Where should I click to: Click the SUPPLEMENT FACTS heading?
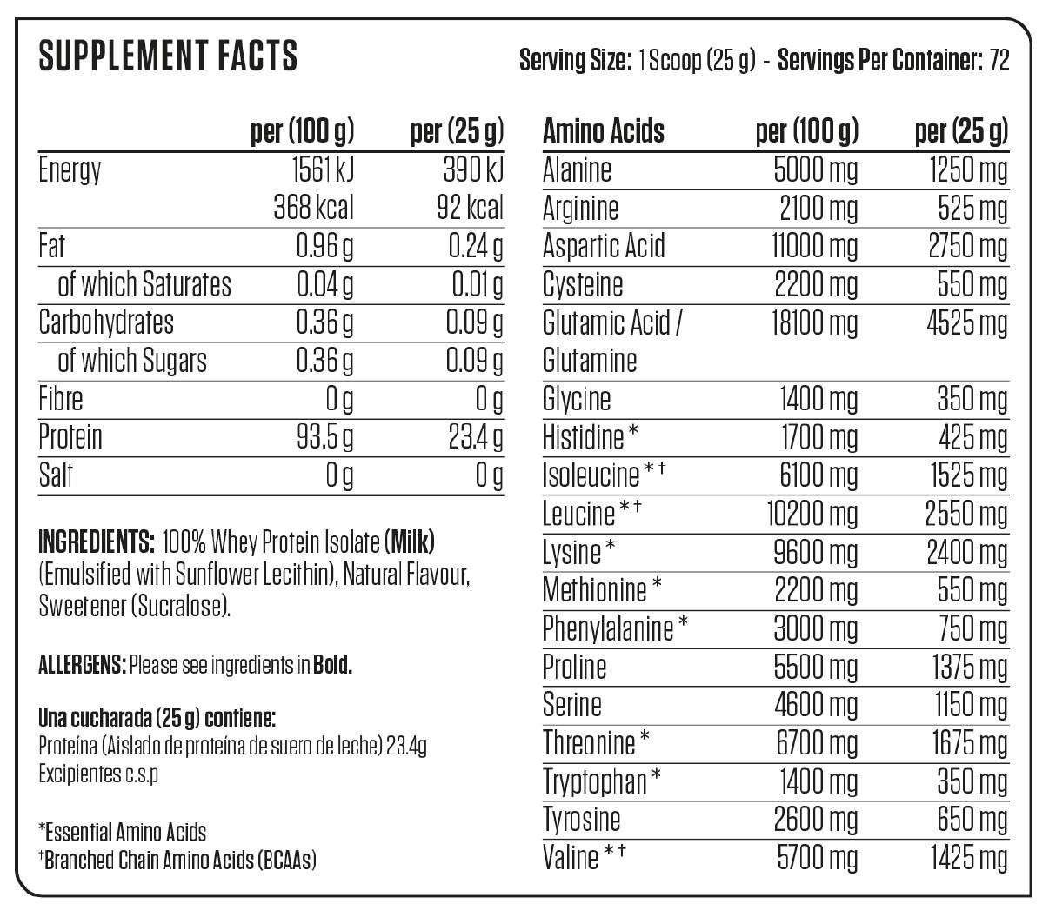[168, 56]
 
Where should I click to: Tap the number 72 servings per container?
[999, 61]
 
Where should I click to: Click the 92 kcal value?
[472, 208]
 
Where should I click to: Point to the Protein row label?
[70, 436]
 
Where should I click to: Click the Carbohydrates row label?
[106, 322]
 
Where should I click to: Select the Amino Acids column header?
[603, 131]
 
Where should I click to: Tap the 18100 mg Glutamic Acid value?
[813, 323]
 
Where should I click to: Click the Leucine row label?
[578, 513]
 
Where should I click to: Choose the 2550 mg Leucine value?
[965, 513]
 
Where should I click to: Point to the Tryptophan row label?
[595, 781]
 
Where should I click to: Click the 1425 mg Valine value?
[965, 858]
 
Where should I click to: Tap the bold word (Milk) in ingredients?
[409, 542]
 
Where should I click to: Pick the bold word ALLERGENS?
[82, 666]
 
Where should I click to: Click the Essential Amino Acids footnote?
[123, 832]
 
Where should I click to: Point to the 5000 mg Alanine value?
[815, 169]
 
